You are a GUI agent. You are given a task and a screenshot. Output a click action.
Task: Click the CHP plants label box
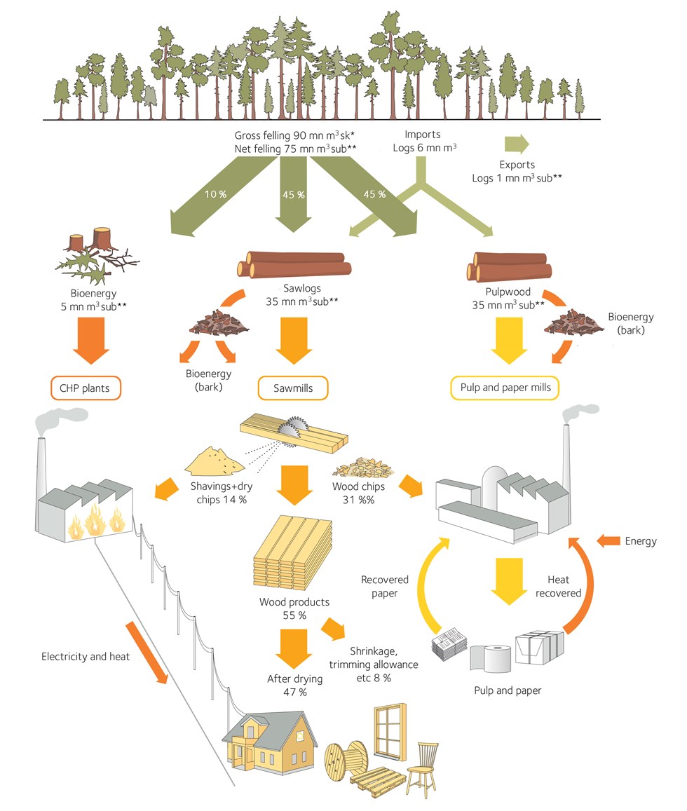(86, 387)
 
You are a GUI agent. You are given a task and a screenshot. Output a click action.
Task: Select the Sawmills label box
(292, 387)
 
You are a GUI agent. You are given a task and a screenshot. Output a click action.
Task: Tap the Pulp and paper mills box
(505, 387)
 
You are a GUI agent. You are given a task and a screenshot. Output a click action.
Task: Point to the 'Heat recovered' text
(563, 586)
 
